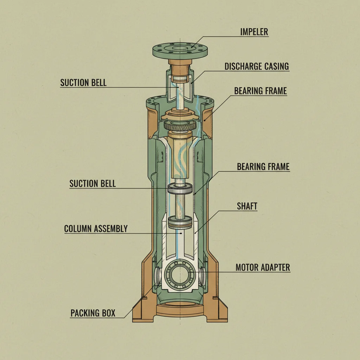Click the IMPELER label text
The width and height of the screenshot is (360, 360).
254,32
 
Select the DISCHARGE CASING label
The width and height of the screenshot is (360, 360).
257,66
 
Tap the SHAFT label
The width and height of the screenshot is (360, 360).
247,206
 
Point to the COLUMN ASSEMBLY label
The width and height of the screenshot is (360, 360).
96,229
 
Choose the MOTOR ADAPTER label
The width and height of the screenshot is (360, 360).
263,267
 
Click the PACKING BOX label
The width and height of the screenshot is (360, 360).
93,313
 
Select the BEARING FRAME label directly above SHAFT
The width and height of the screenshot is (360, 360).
263,166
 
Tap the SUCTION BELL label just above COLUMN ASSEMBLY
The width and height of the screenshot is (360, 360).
92,184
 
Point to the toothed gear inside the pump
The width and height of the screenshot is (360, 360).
180,126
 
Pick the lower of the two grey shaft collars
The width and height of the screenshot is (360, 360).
180,222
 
